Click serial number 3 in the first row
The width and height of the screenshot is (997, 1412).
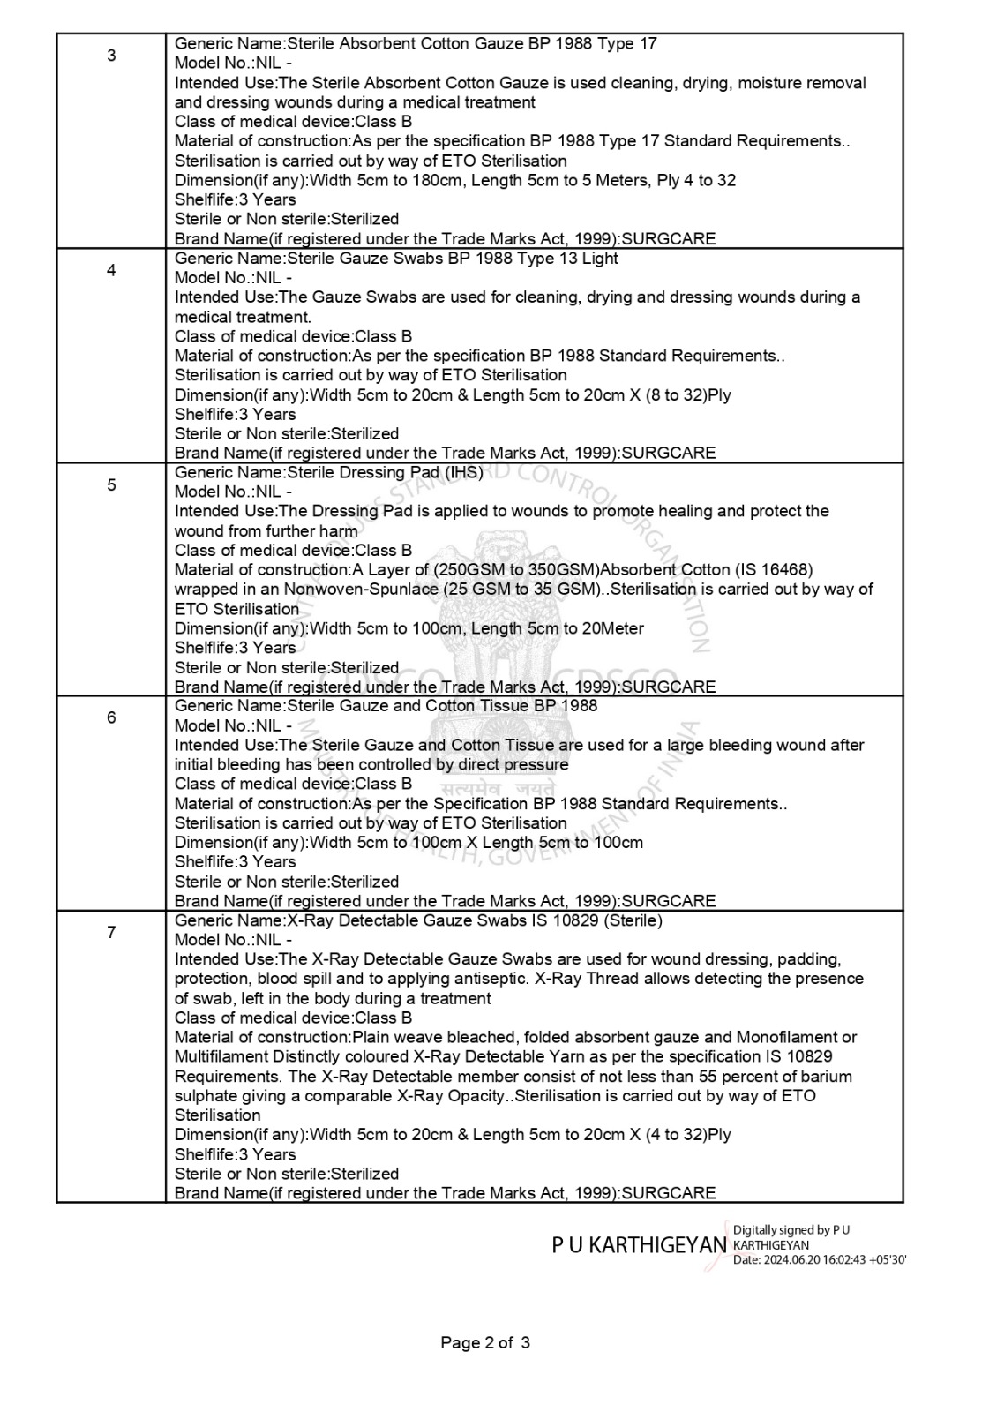111,56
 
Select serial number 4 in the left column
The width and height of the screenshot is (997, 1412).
111,270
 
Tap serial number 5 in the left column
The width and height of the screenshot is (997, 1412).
111,484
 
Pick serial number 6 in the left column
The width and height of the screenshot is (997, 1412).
111,717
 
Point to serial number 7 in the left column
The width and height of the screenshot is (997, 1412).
111,932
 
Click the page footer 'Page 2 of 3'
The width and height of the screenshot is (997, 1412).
485,1343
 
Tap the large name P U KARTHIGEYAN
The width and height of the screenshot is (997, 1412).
639,1245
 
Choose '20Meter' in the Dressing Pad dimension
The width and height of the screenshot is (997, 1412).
613,628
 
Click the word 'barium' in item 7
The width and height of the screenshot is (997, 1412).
828,1076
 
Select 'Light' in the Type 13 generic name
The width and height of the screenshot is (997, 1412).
600,258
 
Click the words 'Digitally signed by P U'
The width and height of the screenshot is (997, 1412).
791,1229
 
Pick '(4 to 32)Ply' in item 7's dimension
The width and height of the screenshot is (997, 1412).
686,1134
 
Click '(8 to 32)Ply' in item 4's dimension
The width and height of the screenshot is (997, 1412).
686,394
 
